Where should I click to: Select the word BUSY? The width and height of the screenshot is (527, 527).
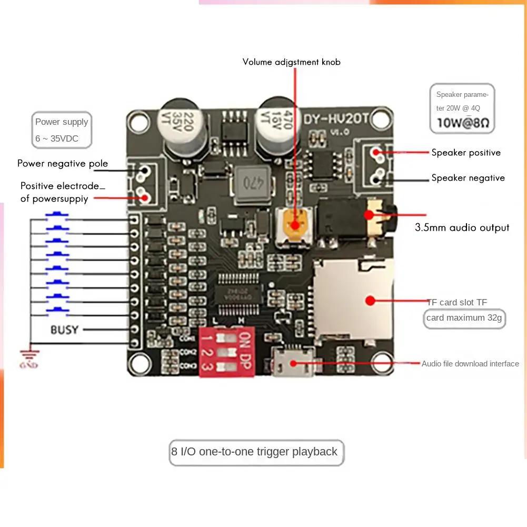pos(64,330)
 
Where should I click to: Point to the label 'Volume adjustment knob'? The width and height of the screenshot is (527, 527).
pos(291,62)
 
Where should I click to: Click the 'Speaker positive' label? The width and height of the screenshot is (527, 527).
pos(466,153)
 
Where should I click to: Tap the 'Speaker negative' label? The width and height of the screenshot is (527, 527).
pos(468,178)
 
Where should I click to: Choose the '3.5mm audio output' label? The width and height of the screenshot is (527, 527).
pos(462,227)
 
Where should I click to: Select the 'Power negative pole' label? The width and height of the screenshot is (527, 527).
pos(63,163)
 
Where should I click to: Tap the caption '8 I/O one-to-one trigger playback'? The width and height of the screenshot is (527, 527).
pos(254,452)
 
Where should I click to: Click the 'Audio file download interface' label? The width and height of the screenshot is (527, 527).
pos(470,364)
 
